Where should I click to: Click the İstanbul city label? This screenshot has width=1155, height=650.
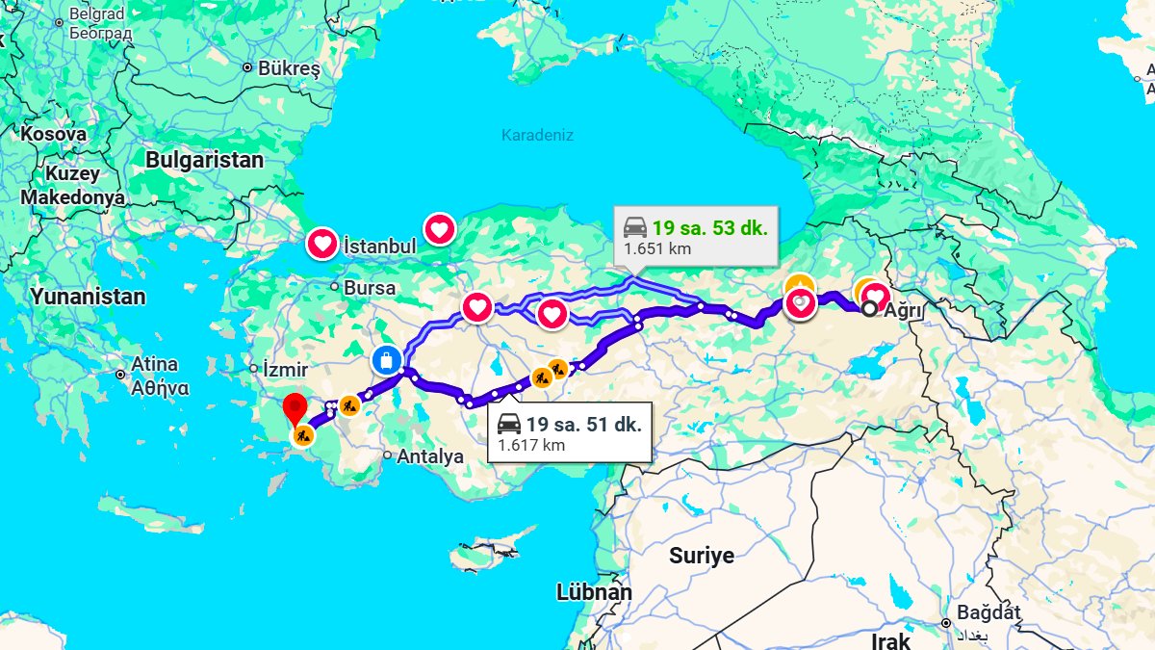[x=379, y=247]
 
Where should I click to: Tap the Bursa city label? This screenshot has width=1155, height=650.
[x=369, y=288]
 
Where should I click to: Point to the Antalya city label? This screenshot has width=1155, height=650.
[x=429, y=456]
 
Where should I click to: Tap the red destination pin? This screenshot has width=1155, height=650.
[x=294, y=409]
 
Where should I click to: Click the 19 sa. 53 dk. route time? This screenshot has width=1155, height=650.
[x=709, y=228]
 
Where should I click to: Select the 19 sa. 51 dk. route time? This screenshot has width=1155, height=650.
[x=582, y=424]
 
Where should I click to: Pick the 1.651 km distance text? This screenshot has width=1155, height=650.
[x=657, y=249]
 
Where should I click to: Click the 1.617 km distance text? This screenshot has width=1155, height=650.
[x=531, y=445]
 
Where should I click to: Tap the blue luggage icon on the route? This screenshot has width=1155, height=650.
[x=385, y=360]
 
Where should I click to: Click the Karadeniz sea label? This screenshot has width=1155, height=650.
[x=537, y=136]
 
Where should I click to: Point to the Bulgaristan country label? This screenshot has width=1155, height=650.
[x=204, y=160]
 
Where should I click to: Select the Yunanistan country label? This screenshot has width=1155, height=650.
[x=88, y=297]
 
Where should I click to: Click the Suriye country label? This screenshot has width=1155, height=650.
[x=702, y=556]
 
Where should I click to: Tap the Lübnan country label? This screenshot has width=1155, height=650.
[x=594, y=592]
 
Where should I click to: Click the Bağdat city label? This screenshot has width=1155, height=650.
[x=988, y=612]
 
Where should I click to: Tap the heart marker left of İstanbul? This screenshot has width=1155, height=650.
[x=321, y=244]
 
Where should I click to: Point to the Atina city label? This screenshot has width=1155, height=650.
[x=154, y=365]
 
